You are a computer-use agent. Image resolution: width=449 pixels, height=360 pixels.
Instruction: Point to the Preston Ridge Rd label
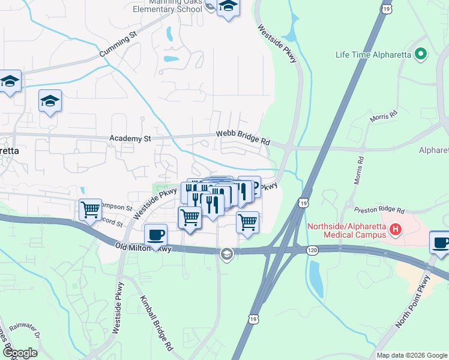point(379,211)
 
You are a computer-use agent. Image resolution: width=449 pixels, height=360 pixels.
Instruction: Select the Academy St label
point(130,139)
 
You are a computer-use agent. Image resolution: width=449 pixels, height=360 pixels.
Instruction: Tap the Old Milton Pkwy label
point(144,247)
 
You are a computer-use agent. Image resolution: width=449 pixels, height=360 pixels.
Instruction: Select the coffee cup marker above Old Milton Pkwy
point(156,235)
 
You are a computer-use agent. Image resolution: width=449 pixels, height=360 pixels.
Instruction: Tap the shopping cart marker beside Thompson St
point(90,210)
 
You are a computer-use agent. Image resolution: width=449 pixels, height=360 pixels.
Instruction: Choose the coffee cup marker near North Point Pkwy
point(441,244)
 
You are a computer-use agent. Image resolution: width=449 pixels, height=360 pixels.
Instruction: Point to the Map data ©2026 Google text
point(411,355)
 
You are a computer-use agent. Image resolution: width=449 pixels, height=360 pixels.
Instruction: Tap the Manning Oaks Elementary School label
point(167,6)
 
